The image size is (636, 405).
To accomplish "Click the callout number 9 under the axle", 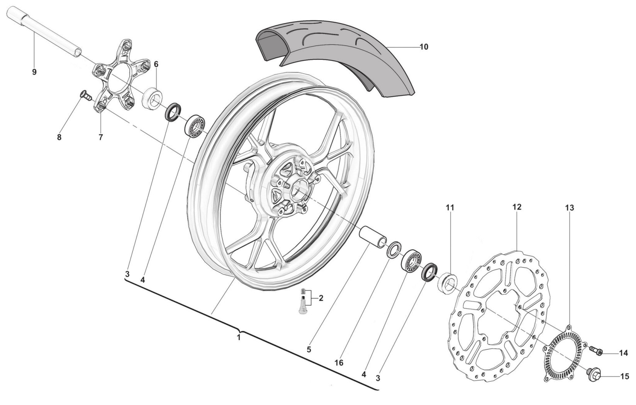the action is click(x=34, y=72).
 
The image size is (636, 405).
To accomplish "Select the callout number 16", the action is click(x=339, y=363).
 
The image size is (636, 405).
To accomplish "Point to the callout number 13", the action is click(x=570, y=208).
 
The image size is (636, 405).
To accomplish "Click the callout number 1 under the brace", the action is click(x=239, y=337).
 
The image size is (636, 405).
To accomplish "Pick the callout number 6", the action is click(x=156, y=64).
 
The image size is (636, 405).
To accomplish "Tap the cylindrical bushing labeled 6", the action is click(x=152, y=98).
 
